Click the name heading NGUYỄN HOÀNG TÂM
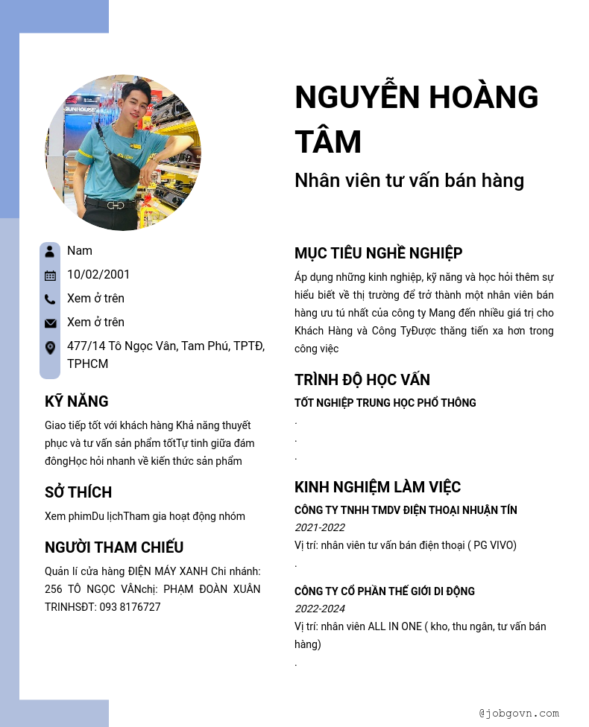(x=416, y=119)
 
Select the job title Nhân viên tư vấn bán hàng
(x=409, y=180)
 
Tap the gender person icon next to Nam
(x=50, y=251)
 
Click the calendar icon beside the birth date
(x=50, y=276)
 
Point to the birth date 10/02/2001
(x=98, y=274)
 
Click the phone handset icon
(x=50, y=299)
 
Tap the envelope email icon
(x=50, y=323)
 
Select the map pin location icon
(x=50, y=348)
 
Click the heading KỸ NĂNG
(x=77, y=401)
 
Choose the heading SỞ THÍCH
(x=78, y=492)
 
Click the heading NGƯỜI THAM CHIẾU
(x=114, y=547)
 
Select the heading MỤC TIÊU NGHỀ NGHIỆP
(x=379, y=253)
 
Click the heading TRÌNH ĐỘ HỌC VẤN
(x=362, y=380)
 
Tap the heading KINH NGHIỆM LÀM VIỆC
(x=378, y=487)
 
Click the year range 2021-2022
(x=320, y=527)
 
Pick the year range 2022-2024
(x=320, y=609)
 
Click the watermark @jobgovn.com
(x=519, y=713)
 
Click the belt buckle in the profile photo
(x=116, y=206)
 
